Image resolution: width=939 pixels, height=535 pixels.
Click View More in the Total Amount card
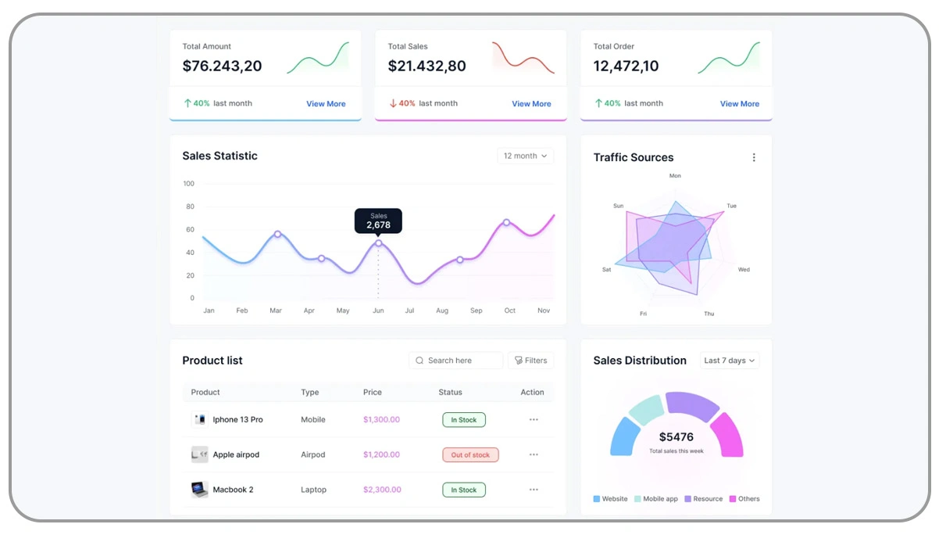(x=326, y=103)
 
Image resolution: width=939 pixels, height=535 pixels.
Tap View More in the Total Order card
(x=739, y=103)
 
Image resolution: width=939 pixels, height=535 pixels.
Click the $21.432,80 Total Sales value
(x=427, y=66)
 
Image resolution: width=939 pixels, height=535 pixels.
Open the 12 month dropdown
(x=525, y=156)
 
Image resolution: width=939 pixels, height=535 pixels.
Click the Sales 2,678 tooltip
(x=378, y=221)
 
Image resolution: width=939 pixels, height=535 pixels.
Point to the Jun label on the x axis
(x=378, y=311)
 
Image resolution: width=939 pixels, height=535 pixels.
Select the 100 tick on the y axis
(x=189, y=184)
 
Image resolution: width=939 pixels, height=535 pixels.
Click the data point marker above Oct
(x=506, y=223)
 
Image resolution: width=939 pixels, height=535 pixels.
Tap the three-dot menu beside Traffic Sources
(x=754, y=157)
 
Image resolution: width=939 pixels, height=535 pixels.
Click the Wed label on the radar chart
(x=744, y=270)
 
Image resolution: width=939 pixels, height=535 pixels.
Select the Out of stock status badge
(x=470, y=454)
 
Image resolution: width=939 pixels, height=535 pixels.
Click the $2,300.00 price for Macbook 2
(x=382, y=490)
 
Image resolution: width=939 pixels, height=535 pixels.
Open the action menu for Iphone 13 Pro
(x=534, y=420)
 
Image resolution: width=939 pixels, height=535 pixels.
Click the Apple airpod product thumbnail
(x=200, y=454)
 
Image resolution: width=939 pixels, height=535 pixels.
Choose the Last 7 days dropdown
(x=730, y=361)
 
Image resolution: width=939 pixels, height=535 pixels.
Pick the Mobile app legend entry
(x=656, y=499)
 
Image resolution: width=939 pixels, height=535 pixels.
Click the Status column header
(x=450, y=392)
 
